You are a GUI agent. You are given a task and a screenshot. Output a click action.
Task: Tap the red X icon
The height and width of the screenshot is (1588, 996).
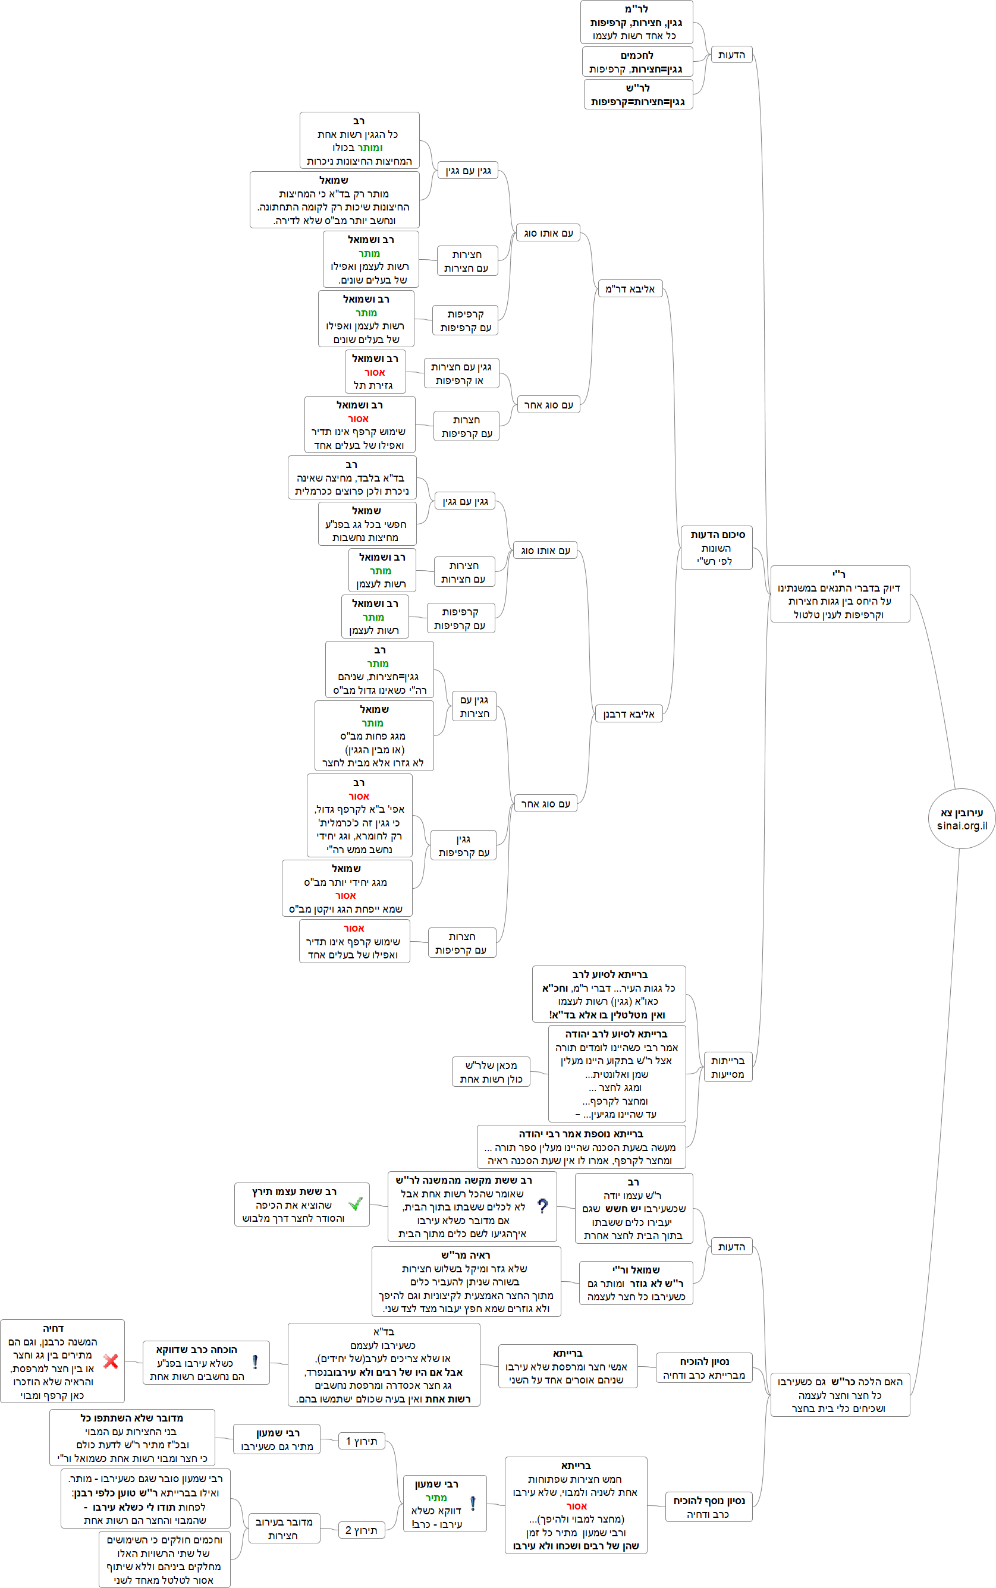(111, 1361)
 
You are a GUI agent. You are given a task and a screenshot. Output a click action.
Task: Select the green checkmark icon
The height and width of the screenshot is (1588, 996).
(356, 1204)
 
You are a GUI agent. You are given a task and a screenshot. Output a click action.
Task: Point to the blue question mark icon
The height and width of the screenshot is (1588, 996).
(542, 1205)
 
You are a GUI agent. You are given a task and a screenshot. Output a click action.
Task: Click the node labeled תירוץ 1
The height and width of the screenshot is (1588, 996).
(362, 1441)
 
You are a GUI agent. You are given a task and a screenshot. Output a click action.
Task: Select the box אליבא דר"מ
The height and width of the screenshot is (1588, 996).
(630, 288)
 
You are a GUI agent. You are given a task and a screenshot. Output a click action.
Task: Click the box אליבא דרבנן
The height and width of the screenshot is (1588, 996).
(629, 714)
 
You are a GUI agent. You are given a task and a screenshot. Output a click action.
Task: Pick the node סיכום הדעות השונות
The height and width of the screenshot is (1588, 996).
(716, 548)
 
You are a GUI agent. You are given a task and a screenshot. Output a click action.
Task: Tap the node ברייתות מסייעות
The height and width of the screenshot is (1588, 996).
(727, 1067)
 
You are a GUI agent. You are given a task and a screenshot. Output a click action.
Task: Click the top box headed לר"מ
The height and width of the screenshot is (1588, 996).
(636, 23)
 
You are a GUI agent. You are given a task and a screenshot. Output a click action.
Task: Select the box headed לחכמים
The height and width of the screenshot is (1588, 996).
(637, 62)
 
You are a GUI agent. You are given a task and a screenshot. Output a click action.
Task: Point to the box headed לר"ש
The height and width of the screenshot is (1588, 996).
(637, 94)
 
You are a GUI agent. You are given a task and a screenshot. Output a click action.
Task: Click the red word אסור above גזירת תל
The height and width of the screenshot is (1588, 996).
(375, 372)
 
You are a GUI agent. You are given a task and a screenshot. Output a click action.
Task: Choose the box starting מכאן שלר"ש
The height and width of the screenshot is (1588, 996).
(491, 1071)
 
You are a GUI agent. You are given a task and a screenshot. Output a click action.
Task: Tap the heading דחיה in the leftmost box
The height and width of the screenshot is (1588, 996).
(54, 1329)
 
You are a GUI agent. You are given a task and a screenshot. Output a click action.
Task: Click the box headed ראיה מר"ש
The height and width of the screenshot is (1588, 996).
(466, 1281)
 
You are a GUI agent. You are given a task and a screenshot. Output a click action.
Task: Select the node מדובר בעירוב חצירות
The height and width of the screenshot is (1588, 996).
(284, 1528)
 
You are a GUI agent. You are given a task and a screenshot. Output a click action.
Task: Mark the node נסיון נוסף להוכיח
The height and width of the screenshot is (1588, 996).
(708, 1507)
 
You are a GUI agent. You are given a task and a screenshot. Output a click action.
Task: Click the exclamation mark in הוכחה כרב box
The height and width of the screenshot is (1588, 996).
(255, 1362)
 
